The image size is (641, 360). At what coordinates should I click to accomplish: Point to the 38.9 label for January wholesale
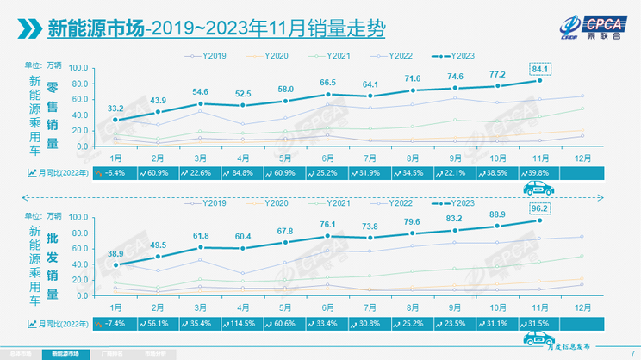pos(115,254)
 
